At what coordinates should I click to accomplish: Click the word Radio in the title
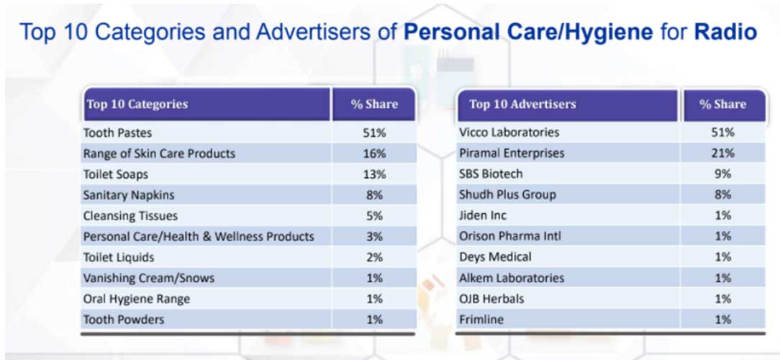click(725, 32)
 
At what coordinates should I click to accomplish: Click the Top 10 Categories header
click(137, 104)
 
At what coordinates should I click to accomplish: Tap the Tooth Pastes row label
click(118, 132)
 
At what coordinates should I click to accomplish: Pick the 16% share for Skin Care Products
click(374, 153)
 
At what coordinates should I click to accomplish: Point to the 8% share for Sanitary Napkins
click(374, 194)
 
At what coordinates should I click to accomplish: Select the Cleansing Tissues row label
click(130, 215)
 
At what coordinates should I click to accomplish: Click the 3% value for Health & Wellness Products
click(374, 236)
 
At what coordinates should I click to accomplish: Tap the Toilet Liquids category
click(119, 257)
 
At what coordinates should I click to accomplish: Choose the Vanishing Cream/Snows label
click(149, 278)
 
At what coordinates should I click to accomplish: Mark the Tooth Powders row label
click(124, 319)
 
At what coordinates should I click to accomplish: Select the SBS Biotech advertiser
click(491, 174)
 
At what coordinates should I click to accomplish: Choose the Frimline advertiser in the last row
click(482, 319)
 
